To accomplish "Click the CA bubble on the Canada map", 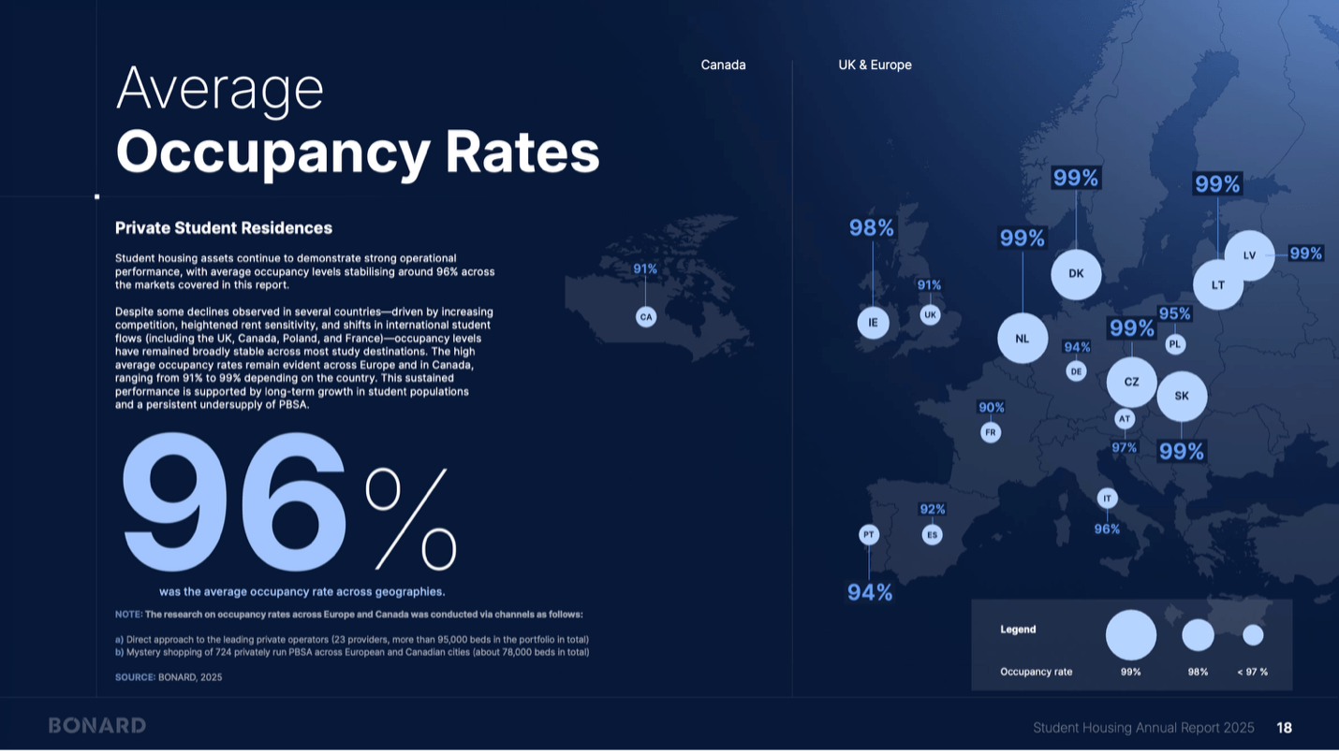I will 645,317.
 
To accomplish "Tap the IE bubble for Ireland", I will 873,323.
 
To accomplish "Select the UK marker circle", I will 930,315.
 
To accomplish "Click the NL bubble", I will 1023,339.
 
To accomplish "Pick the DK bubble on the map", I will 1076,274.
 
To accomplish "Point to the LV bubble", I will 1249,255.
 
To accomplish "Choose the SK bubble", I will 1182,396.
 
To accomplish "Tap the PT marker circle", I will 869,535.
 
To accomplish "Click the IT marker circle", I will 1107,499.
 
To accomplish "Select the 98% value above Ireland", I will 872,228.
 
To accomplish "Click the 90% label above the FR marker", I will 991,408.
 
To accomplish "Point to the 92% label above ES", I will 932,510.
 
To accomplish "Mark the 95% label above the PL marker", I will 1174,314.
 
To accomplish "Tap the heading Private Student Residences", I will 223,228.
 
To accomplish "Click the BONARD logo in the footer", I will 97,726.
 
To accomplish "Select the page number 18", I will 1284,728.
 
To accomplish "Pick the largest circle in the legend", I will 1130,635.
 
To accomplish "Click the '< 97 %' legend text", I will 1252,672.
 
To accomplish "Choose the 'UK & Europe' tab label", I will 875,65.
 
